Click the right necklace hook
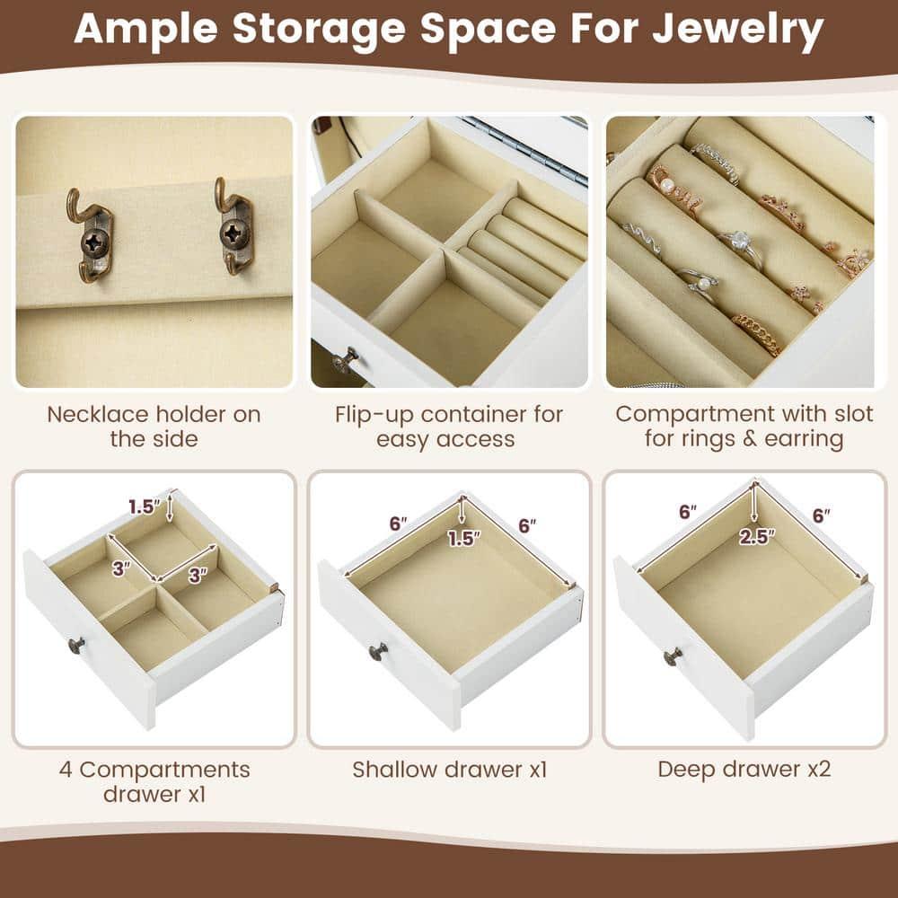coord(235,230)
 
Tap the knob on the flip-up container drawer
coord(343,361)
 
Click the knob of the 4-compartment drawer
coord(77,644)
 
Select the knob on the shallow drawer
coord(378,650)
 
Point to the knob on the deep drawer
coord(672,658)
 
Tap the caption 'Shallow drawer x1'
coord(448,770)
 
